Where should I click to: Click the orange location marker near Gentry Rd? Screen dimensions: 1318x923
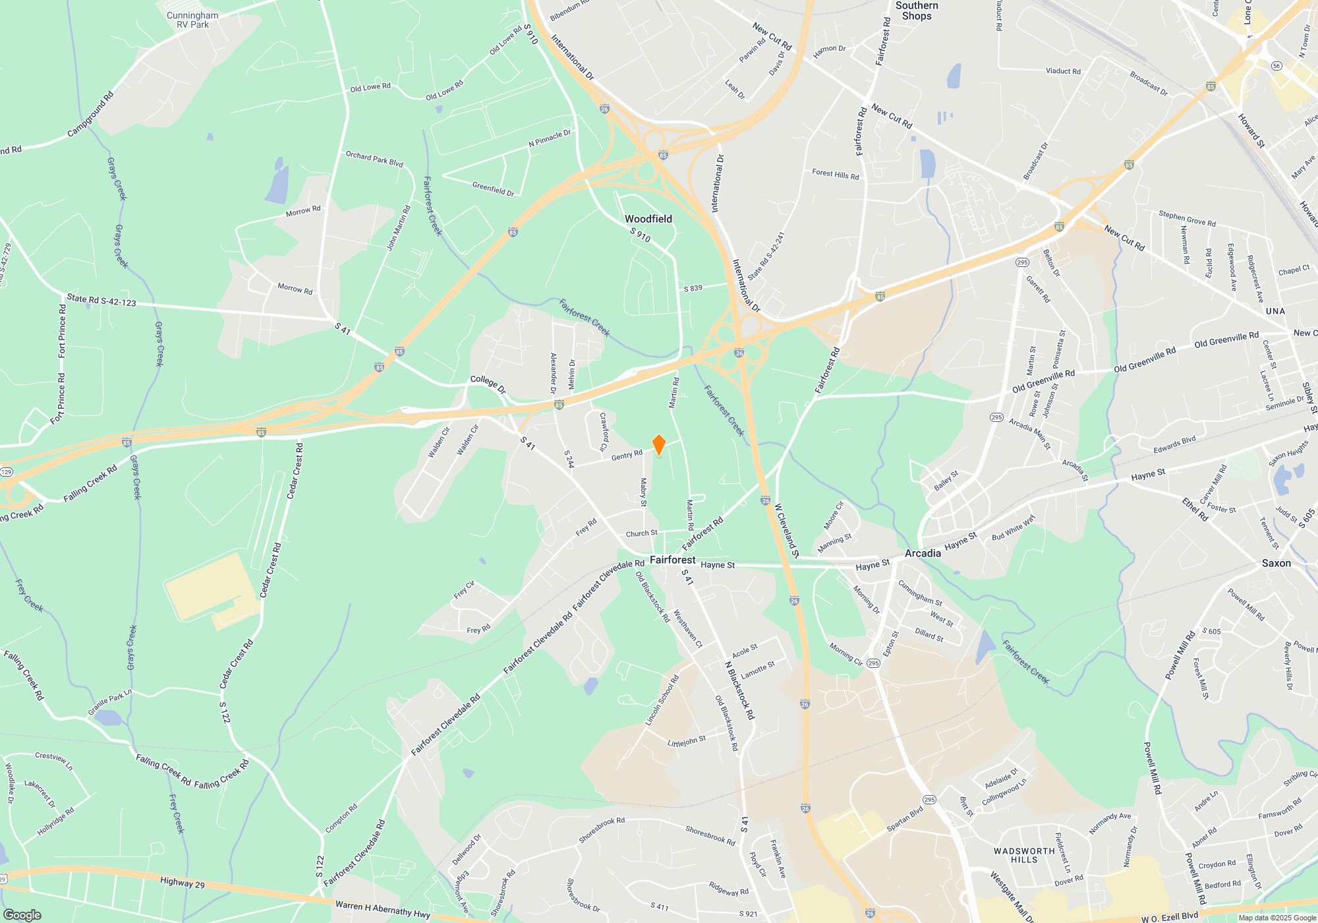tap(658, 445)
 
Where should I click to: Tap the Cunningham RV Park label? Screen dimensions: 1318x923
tap(192, 20)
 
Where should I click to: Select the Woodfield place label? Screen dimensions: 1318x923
tap(648, 219)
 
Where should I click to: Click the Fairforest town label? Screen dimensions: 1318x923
tap(672, 560)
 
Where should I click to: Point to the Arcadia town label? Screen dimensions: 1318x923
tap(923, 553)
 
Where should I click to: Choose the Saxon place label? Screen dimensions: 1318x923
tap(1276, 563)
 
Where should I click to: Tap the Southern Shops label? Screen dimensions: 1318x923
tap(917, 11)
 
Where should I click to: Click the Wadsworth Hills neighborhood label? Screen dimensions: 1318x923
tap(1024, 855)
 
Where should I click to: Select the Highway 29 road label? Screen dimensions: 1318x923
tap(182, 883)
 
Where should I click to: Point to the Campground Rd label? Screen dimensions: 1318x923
tap(90, 114)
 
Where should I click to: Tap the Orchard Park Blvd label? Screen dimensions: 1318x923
tap(374, 159)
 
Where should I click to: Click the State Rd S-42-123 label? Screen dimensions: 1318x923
tap(101, 301)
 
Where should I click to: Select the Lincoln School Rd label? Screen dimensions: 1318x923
tap(662, 701)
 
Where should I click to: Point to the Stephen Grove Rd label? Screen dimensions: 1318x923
tap(1187, 218)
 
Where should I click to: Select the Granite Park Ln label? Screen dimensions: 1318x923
tap(110, 703)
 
